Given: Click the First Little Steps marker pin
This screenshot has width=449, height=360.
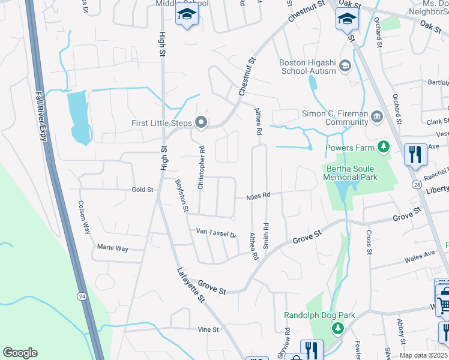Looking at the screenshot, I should point(202,123).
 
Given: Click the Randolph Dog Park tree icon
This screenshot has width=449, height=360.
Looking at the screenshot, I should point(338,328).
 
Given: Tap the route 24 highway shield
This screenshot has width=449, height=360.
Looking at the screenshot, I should point(81,296).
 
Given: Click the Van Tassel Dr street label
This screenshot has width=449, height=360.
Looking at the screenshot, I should point(217,233).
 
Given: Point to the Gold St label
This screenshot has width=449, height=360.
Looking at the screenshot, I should point(142,190).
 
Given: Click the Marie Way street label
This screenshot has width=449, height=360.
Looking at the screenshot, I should point(113,247).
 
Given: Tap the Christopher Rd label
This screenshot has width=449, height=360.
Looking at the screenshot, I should point(202,164).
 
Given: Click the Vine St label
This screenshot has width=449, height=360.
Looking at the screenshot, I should point(206,329).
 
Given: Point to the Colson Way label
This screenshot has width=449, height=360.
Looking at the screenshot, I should point(83,216).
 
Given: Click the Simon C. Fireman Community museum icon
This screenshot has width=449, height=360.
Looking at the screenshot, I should point(377,116).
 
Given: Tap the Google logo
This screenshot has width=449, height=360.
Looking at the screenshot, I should point(20,353).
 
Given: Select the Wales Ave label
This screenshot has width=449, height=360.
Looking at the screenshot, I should point(419,254).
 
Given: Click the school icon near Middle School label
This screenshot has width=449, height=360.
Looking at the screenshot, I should point(187,16).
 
